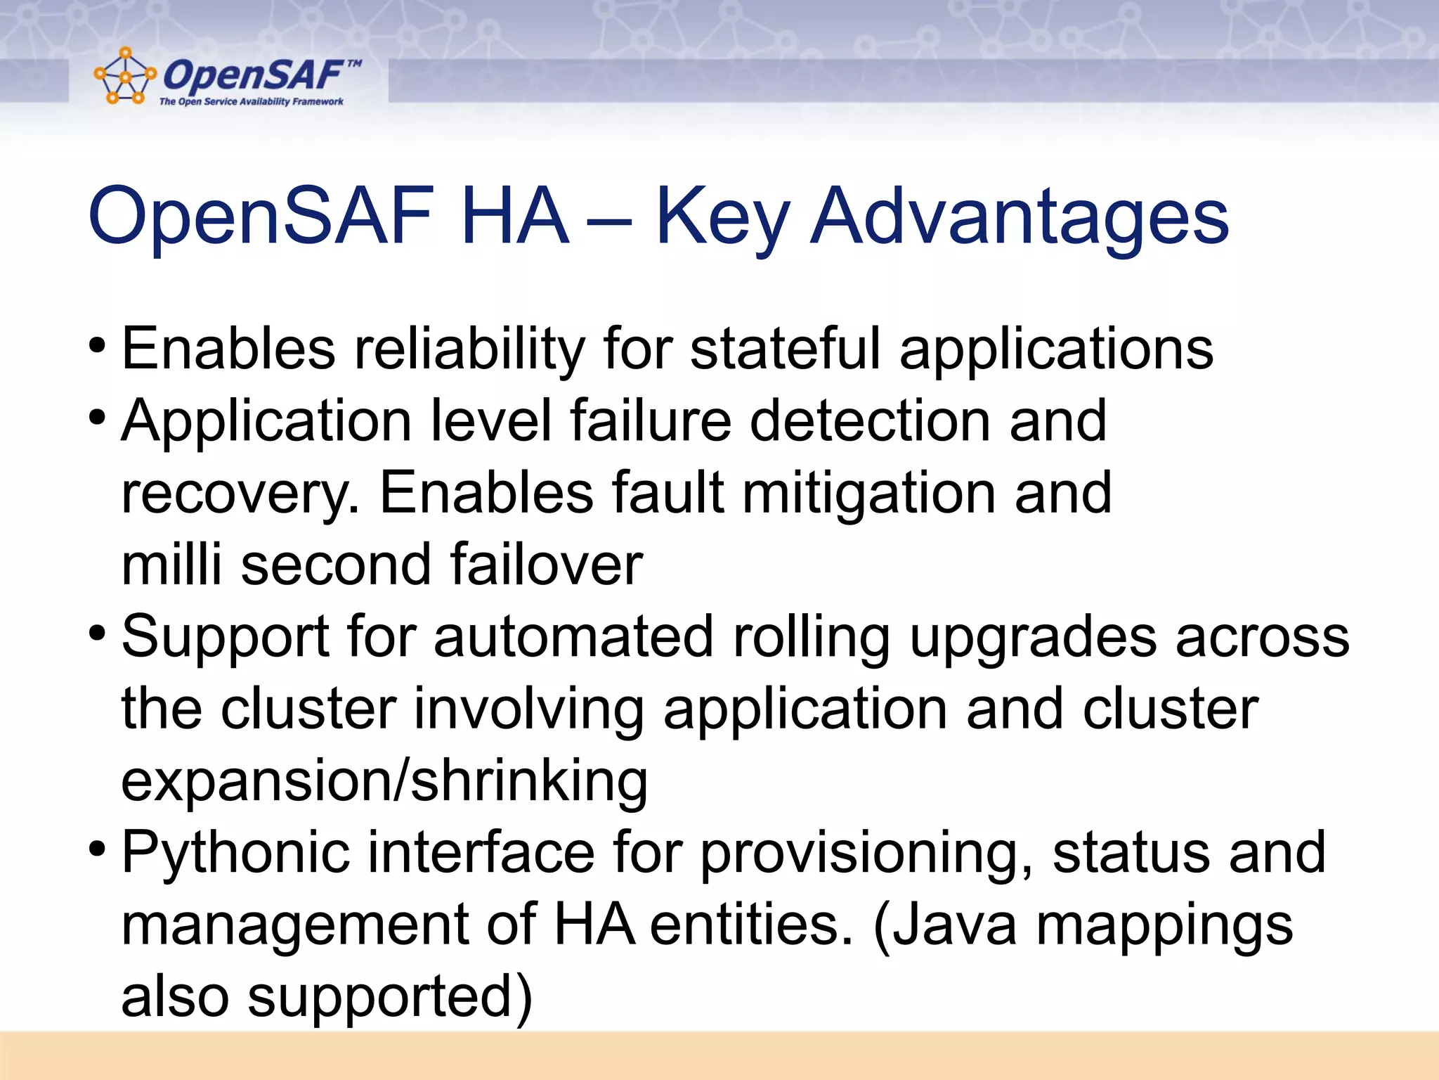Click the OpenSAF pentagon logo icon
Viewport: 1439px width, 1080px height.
coord(124,76)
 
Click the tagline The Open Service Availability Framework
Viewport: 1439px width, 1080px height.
coord(251,102)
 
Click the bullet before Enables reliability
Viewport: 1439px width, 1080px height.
coord(97,347)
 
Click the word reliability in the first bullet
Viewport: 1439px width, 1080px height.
coord(469,349)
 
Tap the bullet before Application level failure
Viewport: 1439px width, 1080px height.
coord(97,419)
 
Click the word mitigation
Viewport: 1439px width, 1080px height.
coord(868,494)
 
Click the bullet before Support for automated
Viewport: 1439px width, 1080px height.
coord(97,636)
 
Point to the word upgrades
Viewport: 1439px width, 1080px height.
coord(1032,638)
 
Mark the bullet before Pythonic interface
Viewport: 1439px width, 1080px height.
coord(97,851)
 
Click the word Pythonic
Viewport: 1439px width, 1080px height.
coord(235,853)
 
